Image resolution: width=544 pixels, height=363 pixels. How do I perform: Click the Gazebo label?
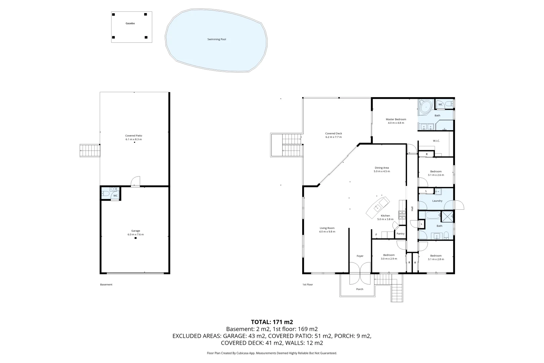pos(130,23)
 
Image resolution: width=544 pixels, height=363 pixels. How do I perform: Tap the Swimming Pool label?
pos(217,39)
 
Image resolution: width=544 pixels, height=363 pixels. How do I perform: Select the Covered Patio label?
pos(134,136)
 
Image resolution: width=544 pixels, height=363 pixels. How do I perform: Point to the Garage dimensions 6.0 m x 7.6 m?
pos(136,234)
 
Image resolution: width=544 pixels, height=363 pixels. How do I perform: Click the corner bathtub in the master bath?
pos(426,107)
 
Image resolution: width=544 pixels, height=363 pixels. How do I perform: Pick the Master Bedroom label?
pos(396,119)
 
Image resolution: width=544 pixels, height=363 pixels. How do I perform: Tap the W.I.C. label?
pos(436,141)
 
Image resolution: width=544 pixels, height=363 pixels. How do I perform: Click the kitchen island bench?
pos(378,207)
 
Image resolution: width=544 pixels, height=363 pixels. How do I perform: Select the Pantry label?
pos(401,234)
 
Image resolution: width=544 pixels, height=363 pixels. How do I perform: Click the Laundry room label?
pos(437,201)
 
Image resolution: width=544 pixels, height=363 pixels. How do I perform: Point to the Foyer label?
pos(360,256)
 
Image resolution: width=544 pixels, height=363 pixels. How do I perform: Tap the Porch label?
pos(360,289)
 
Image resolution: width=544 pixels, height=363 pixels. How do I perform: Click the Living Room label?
pos(327,228)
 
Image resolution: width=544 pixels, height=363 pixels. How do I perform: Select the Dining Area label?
pos(382,168)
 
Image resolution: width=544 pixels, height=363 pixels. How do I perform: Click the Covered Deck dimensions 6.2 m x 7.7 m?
pos(333,137)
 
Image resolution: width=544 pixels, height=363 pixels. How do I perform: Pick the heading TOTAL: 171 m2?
pos(272,322)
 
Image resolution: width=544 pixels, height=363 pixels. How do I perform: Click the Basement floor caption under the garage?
pos(106,284)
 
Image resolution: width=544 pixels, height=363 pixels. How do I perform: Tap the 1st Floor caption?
pos(308,284)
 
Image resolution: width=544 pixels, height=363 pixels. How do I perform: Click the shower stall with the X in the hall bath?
pos(447,217)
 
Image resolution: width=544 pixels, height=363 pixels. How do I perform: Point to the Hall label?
pos(412,209)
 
